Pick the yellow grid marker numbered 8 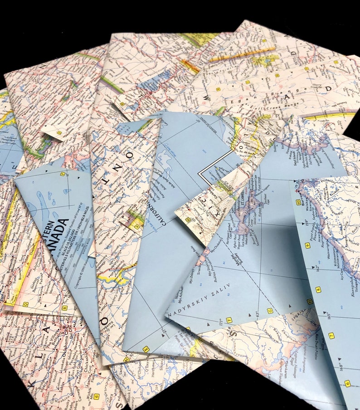click(x=318, y=289)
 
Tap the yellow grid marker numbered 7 click(x=331, y=336)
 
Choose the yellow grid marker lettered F click(x=229, y=320)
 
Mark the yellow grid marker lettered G click(x=269, y=311)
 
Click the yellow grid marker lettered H click(x=310, y=301)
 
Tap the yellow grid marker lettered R click(x=65, y=307)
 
